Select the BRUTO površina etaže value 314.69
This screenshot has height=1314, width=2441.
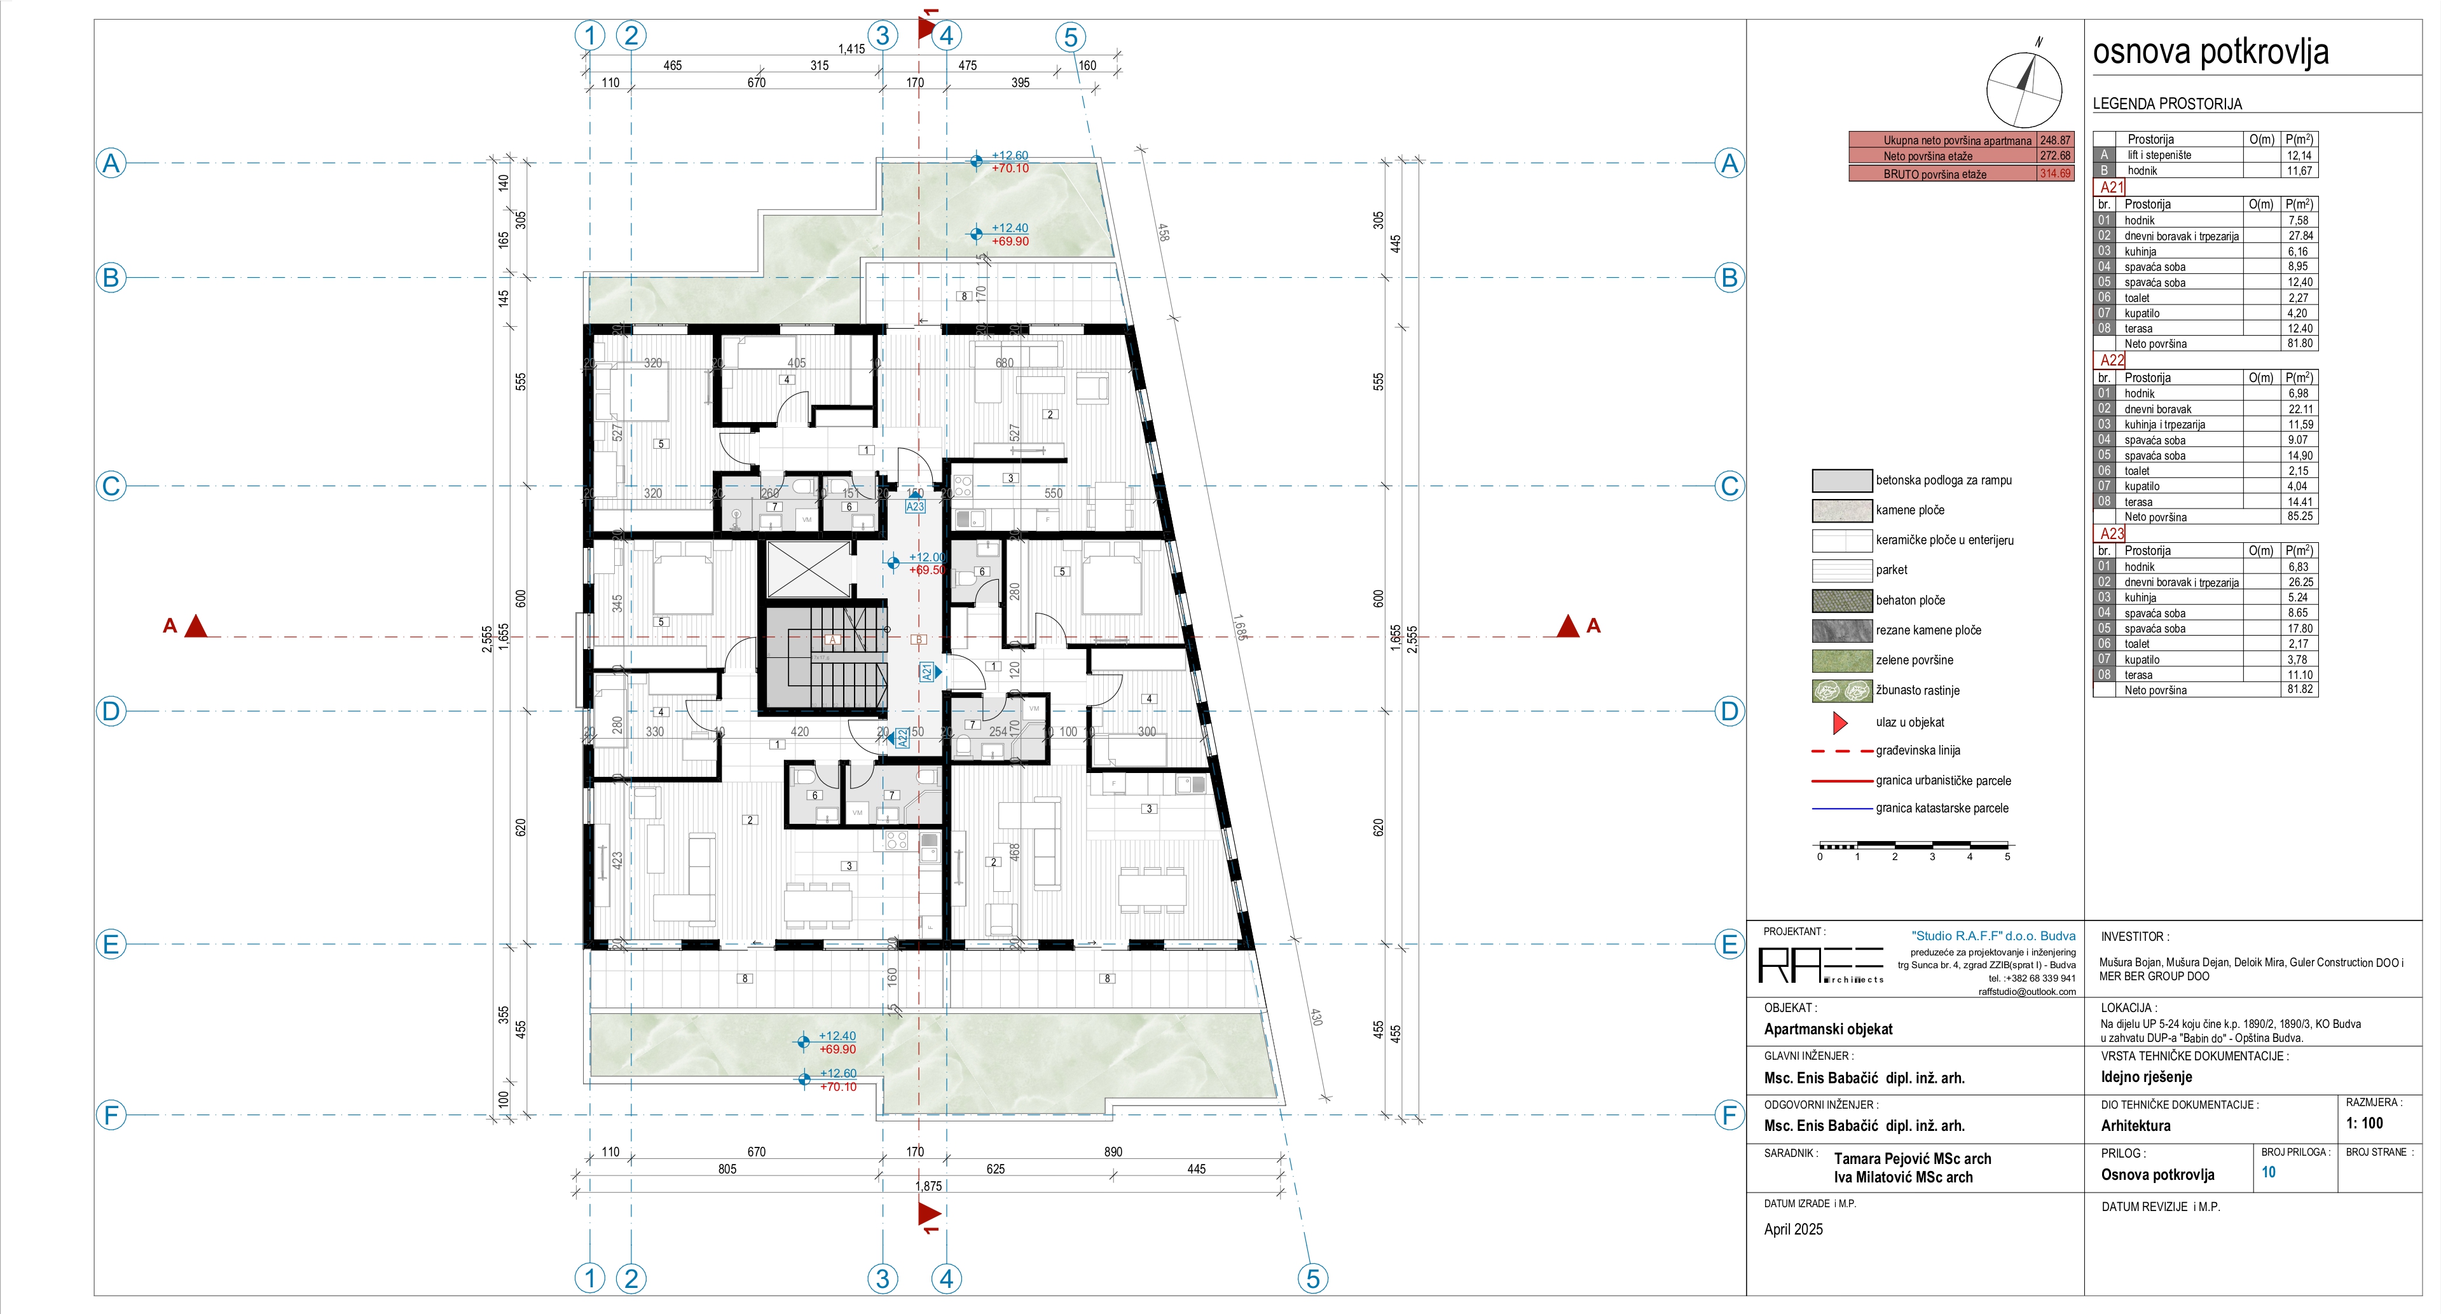2054,174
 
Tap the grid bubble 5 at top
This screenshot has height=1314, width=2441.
1070,37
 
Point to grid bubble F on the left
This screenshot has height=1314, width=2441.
111,1115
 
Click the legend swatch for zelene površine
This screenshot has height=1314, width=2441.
1841,660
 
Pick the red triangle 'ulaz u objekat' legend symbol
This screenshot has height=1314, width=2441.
1839,723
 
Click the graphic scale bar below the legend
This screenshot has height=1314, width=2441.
1912,845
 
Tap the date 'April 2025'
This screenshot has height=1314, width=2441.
1793,1229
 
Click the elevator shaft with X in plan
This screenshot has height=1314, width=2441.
808,570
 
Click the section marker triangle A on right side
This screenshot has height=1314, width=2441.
1568,626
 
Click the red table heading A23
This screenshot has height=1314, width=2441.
2112,533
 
